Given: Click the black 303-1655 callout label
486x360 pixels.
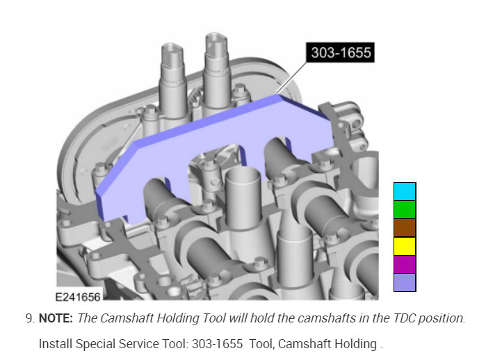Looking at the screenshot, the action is click(x=340, y=52).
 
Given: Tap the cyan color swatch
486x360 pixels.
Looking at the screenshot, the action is click(x=405, y=191).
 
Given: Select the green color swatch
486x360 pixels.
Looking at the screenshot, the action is click(x=405, y=210).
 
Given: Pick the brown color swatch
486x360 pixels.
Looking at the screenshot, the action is click(x=405, y=228).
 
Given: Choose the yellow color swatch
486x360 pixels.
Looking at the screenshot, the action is click(x=405, y=246).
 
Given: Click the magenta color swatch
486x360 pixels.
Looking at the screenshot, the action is click(x=405, y=264).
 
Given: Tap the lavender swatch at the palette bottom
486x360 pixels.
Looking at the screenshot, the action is click(x=405, y=282).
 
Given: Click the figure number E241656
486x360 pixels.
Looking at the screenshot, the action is click(x=78, y=297).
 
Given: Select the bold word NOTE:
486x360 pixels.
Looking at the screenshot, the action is click(x=56, y=318).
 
